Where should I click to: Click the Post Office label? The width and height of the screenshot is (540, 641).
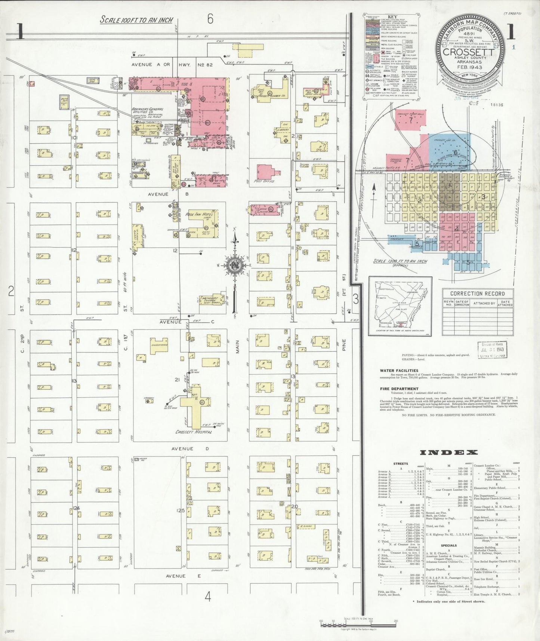point(264,181)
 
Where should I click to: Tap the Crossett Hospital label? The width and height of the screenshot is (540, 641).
point(194,432)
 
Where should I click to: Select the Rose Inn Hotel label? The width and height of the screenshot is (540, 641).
point(199,215)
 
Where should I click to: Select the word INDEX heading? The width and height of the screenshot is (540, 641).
point(448,453)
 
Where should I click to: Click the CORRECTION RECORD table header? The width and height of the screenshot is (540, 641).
point(477,294)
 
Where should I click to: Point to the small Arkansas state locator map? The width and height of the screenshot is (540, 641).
point(400,306)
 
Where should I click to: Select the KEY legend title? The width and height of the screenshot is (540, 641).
point(392,17)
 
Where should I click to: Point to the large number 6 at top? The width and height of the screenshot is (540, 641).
point(210,19)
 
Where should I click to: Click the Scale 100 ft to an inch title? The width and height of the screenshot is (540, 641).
point(136,20)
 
